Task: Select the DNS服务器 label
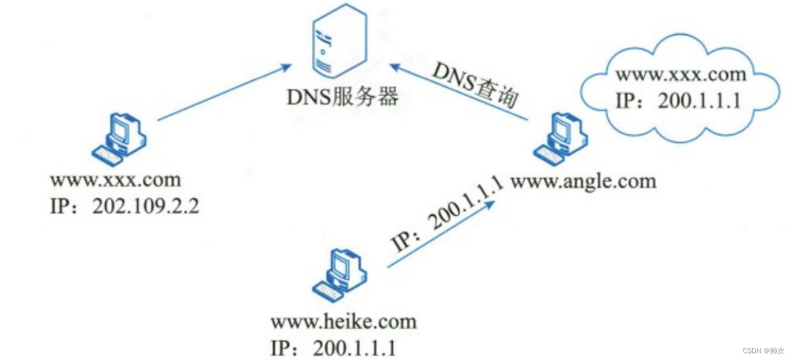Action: click(342, 97)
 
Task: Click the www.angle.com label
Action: click(583, 181)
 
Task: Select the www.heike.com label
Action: click(343, 321)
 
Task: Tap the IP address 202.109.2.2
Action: click(145, 206)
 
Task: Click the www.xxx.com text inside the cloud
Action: click(681, 75)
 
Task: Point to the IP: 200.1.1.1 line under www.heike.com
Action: click(332, 348)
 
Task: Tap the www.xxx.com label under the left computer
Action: click(116, 180)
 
